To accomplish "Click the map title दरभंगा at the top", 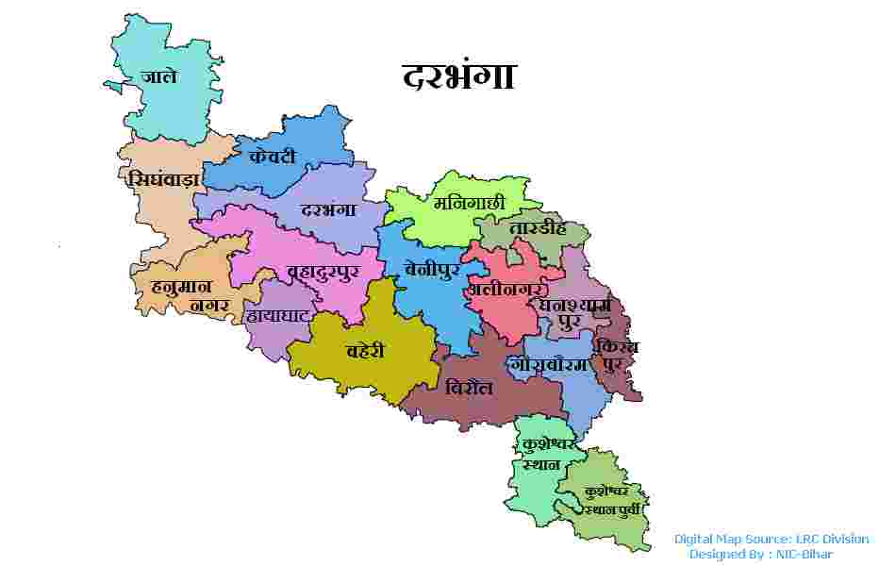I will [458, 75].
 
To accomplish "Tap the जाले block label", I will [158, 76].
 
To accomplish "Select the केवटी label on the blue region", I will [273, 157].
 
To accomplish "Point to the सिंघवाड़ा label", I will [162, 178].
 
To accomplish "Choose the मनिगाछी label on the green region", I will [469, 202].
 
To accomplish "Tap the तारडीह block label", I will [537, 228].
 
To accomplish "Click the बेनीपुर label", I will [431, 268].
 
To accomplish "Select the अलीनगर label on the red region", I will [506, 289].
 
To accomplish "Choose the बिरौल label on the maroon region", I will [469, 387].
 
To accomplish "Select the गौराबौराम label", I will [548, 364].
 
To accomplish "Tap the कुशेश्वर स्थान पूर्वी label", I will [612, 500].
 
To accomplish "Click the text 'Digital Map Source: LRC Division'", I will [771, 539].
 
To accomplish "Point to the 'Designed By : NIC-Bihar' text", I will [760, 554].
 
